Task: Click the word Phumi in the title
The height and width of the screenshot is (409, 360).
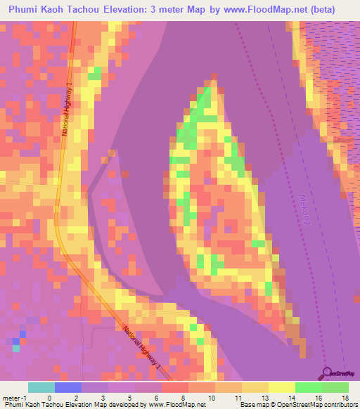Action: click(x=26, y=9)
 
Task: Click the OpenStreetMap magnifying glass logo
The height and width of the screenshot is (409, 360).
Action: click(x=328, y=373)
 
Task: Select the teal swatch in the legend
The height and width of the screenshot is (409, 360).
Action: click(x=41, y=387)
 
